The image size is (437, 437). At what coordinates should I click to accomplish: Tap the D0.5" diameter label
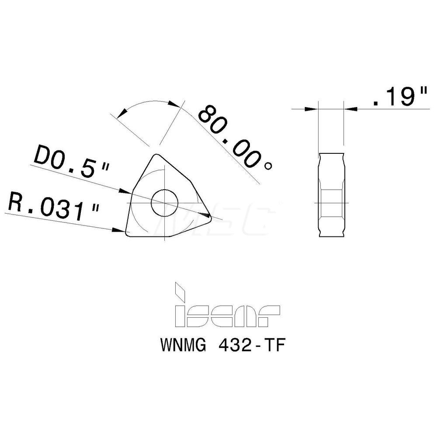(x=70, y=163)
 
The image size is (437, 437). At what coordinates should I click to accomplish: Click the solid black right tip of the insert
(x=206, y=215)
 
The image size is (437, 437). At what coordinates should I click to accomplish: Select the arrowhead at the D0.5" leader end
(x=125, y=191)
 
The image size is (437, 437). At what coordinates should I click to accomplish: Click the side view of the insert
(x=332, y=195)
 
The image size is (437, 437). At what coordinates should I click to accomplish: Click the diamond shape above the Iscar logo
(x=180, y=290)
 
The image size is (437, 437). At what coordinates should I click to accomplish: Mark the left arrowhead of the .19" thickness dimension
(x=311, y=108)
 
